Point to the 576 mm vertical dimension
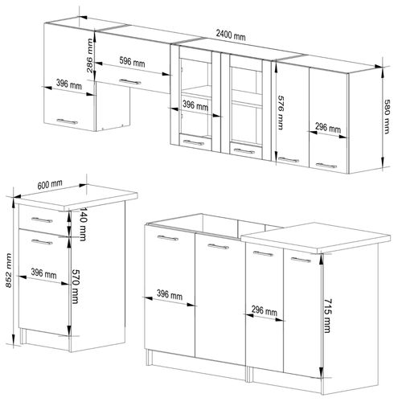coord(281,107)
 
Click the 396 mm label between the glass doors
coord(195,105)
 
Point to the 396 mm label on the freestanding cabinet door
coord(45,274)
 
